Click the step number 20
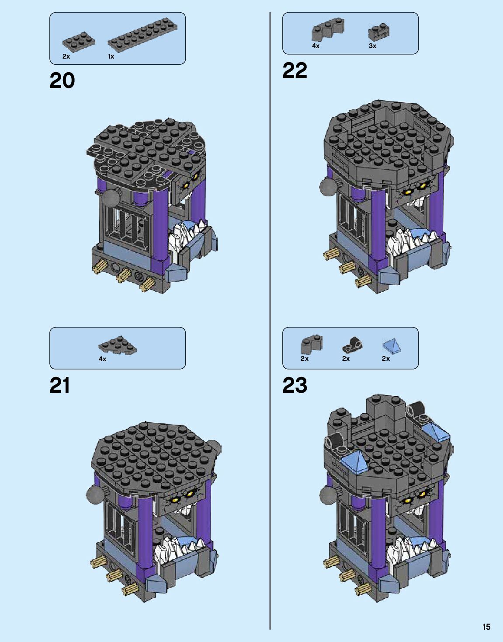(62, 81)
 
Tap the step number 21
(60, 385)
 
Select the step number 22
(295, 70)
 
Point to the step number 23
(295, 385)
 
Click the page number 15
(486, 627)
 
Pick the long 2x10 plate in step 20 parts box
(143, 33)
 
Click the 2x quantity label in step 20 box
(66, 56)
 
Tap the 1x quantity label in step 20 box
(111, 56)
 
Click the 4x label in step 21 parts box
(102, 359)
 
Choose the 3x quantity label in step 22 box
(372, 46)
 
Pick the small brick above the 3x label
(378, 32)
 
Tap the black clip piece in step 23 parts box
(352, 345)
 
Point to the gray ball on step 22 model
(329, 187)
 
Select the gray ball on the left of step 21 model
(95, 495)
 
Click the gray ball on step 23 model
(328, 495)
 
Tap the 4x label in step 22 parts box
(316, 46)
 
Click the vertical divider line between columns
(270, 306)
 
